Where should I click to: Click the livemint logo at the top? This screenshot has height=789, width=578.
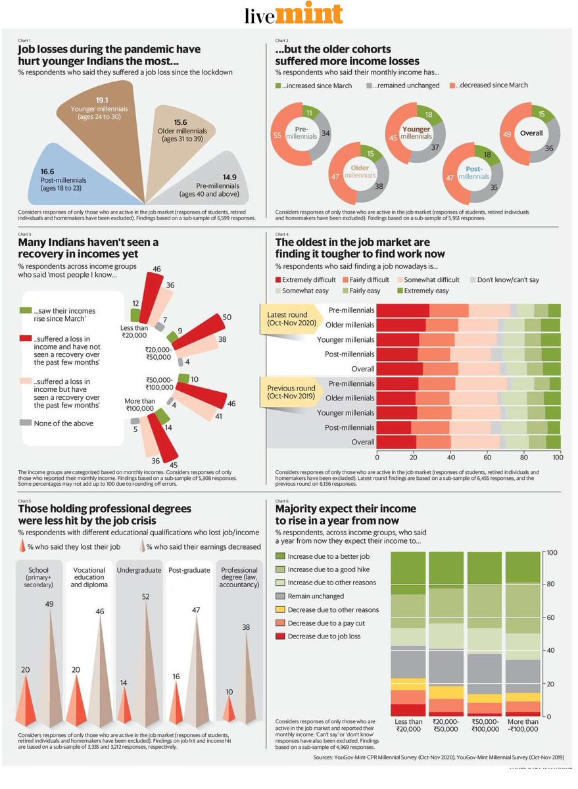(293, 14)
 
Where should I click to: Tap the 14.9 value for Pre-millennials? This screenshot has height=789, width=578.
(229, 176)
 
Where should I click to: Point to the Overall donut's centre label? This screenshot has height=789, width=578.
(531, 133)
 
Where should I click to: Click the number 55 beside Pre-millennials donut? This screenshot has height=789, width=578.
(277, 135)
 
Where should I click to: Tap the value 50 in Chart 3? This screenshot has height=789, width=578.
(227, 318)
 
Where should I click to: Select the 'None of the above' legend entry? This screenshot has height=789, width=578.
(63, 423)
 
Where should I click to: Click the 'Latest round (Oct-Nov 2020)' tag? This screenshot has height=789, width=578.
(291, 319)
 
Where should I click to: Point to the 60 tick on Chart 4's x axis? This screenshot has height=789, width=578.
(487, 458)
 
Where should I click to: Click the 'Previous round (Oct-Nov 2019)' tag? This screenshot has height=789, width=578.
(291, 393)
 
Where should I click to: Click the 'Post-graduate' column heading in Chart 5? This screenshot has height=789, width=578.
(189, 570)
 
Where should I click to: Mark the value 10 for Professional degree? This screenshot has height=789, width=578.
(229, 692)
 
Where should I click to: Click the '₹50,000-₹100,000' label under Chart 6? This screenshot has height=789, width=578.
(487, 726)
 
